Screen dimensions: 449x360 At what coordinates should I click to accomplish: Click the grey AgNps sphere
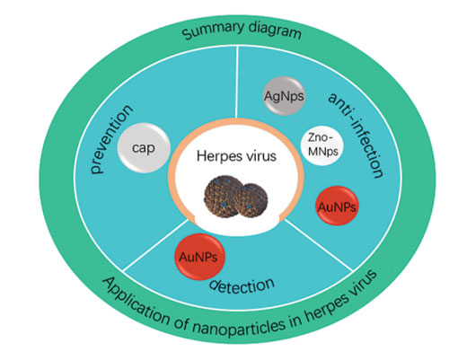pos(284,96)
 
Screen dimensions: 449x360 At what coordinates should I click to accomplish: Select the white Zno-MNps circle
pos(322,145)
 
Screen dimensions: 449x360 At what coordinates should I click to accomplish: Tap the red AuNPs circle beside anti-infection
pos(337,206)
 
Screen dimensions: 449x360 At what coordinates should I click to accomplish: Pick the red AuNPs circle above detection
pos(199,257)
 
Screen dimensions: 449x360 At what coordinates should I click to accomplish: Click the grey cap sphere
pos(144,147)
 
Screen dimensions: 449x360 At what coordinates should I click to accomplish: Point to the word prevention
pos(110,139)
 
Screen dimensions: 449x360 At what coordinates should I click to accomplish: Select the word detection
pos(242,286)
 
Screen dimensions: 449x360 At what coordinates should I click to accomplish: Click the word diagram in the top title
pos(275,30)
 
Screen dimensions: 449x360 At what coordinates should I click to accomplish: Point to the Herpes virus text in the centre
pos(236,156)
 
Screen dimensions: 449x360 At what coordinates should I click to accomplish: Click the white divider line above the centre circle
pos(237,83)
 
